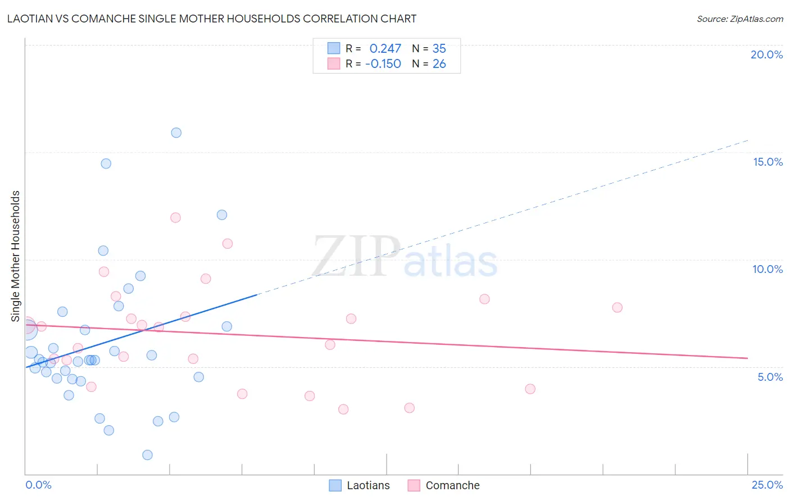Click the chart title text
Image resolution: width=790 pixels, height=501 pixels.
[x=211, y=19]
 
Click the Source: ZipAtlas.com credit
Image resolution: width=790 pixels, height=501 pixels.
[x=739, y=19]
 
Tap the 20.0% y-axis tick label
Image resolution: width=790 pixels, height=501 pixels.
[x=766, y=54]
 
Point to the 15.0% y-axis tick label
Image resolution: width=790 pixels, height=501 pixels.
[x=768, y=162]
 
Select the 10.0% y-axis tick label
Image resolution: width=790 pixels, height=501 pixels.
[x=768, y=269]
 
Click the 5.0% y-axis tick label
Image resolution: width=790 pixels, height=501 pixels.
[x=770, y=377]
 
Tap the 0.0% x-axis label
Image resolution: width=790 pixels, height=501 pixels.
[x=38, y=485]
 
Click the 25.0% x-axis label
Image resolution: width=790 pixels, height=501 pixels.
[x=767, y=485]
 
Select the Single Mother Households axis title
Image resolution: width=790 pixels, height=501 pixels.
[x=15, y=256]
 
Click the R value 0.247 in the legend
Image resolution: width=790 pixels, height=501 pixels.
[x=385, y=49]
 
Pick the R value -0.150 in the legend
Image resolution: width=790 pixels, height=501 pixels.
[x=383, y=64]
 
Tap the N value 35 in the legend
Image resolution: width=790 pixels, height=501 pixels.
[x=439, y=49]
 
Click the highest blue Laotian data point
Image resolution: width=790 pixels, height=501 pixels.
[x=176, y=133]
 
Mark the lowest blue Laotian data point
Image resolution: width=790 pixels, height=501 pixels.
[x=147, y=455]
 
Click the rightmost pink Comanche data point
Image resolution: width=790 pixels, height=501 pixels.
[x=617, y=307]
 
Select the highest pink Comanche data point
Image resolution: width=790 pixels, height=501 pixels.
[x=175, y=217]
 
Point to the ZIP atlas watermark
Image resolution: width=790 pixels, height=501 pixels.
[x=405, y=257]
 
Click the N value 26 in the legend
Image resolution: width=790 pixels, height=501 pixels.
[x=439, y=64]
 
